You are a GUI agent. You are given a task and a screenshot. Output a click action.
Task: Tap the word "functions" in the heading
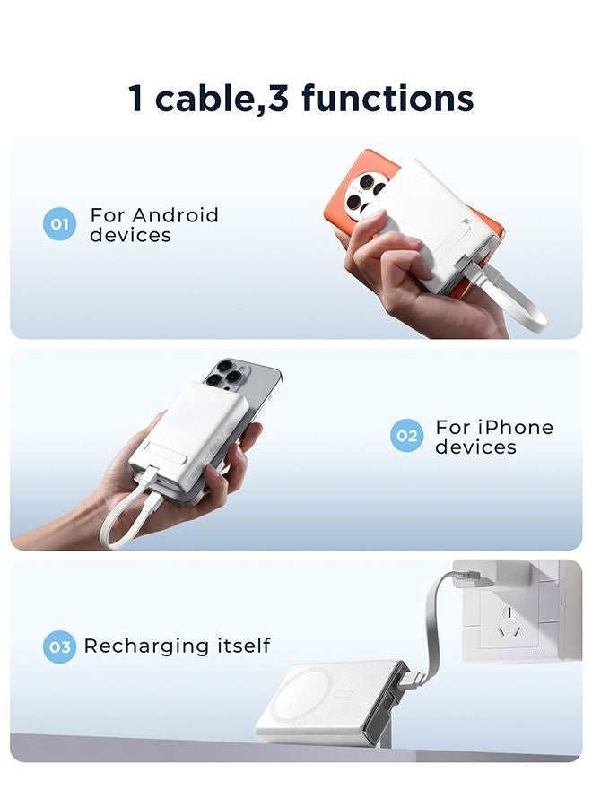pyautogui.click(x=387, y=98)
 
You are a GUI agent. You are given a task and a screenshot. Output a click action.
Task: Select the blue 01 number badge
pyautogui.click(x=59, y=224)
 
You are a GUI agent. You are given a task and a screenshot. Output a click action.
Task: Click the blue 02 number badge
pyautogui.click(x=406, y=436)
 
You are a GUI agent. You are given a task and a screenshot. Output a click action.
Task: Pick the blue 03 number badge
pyautogui.click(x=59, y=646)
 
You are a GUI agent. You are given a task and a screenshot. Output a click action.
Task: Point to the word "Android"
pyautogui.click(x=176, y=215)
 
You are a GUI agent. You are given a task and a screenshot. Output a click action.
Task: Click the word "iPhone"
pyautogui.click(x=507, y=427)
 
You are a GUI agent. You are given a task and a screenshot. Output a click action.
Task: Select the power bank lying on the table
pyautogui.click(x=327, y=699)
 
